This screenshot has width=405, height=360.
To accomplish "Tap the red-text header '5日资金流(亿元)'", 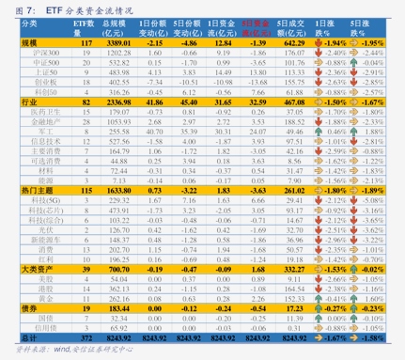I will pyautogui.click(x=251, y=26).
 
